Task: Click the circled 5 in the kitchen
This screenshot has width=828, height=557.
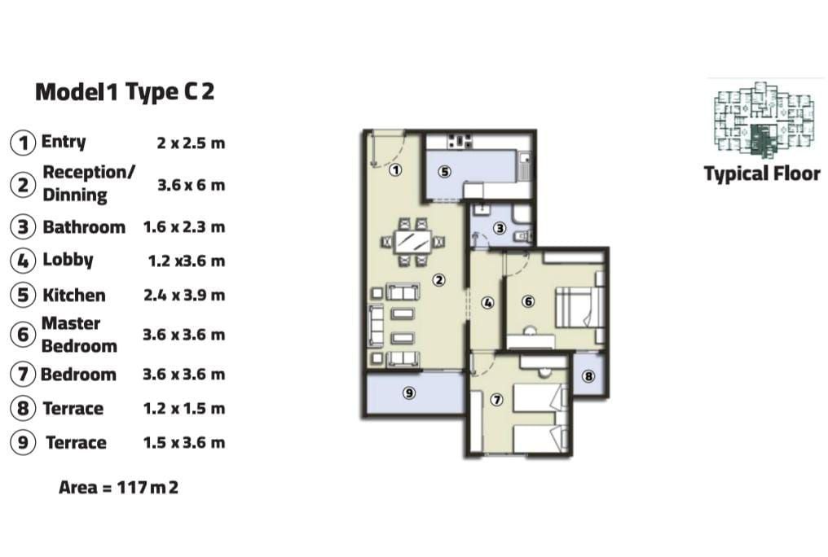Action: [x=445, y=172]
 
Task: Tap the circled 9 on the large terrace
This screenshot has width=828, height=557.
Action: [x=409, y=393]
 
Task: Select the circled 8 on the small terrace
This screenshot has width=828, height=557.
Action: [x=588, y=376]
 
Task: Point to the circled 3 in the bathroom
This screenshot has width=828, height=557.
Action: [x=500, y=228]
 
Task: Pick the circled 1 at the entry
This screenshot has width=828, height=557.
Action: [x=395, y=170]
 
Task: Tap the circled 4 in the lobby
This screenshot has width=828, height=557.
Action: [x=487, y=303]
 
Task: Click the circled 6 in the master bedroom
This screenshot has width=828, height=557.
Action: [x=528, y=301]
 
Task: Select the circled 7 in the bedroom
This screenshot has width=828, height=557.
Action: [x=496, y=400]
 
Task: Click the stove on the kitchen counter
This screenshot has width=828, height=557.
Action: [x=460, y=140]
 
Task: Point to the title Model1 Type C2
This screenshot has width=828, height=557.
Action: [x=125, y=92]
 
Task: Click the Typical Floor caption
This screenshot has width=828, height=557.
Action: [x=762, y=173]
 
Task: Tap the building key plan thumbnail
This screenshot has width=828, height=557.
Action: [x=764, y=120]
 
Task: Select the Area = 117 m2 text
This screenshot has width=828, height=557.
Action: [x=118, y=487]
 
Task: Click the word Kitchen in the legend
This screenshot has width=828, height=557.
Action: [x=74, y=295]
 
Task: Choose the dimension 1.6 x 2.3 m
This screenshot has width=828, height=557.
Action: [x=183, y=227]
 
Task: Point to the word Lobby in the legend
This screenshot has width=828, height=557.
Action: [x=68, y=260]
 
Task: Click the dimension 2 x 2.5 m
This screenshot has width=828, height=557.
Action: [x=191, y=143]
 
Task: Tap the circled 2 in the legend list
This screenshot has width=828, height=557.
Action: [x=24, y=185]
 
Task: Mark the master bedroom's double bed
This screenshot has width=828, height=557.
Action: [x=579, y=307]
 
